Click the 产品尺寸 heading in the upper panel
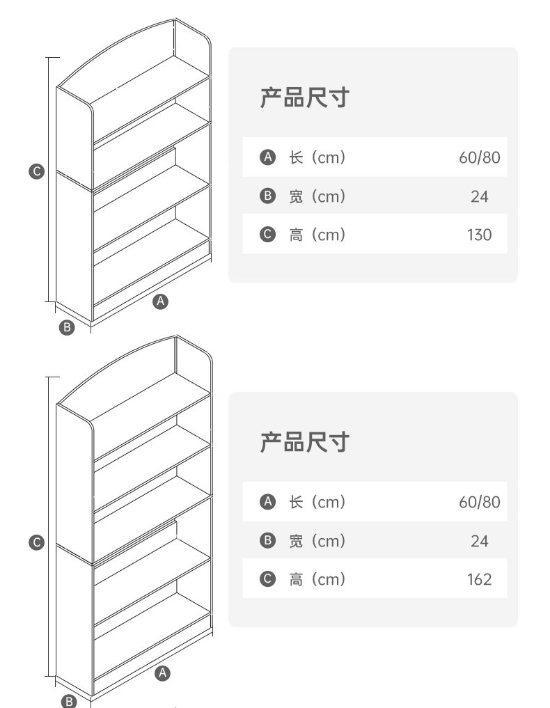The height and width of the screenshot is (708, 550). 304,97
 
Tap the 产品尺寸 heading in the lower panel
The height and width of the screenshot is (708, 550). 304,441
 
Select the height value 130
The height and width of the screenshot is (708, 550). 479,235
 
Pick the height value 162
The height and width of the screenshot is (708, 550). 479,579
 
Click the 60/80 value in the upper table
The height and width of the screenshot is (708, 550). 479,157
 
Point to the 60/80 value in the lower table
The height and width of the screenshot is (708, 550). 479,502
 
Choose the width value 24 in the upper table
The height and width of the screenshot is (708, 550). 479,197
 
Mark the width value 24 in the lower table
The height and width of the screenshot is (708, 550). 479,541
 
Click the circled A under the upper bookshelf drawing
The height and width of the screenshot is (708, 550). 162,301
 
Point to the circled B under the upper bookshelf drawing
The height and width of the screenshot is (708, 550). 67,327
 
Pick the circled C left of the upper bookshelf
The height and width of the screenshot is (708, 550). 37,171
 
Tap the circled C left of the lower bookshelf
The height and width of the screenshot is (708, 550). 37,543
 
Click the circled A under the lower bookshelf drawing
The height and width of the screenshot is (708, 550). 162,672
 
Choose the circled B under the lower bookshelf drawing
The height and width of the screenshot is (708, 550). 69,701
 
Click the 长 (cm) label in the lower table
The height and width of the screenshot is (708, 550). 317,502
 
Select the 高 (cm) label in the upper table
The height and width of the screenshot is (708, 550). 317,235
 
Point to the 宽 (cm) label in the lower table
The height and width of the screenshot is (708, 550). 317,541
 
